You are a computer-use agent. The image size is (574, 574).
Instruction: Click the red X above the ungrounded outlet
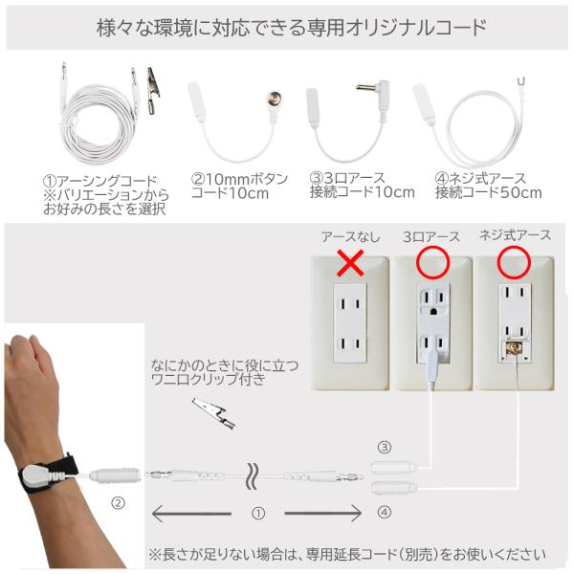[x=350, y=263]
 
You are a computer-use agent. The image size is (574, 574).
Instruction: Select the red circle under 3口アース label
[x=418, y=262]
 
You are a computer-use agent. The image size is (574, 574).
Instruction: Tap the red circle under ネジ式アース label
[x=498, y=262]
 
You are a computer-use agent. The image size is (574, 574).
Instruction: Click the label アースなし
[x=350, y=237]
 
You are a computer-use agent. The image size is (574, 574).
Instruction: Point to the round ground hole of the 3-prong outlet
[x=433, y=312]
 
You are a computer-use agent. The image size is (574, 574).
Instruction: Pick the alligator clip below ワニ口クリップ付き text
[x=213, y=413]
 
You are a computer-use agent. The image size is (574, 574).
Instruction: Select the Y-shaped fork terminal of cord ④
[x=522, y=81]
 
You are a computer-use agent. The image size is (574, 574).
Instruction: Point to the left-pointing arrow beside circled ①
[x=191, y=514]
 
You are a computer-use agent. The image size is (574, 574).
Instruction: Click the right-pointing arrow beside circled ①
[x=323, y=513]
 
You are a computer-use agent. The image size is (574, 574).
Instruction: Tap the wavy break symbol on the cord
[x=252, y=476]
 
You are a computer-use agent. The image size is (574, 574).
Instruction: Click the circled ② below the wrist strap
[x=118, y=504]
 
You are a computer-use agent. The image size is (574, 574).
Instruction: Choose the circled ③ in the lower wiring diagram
[x=385, y=448]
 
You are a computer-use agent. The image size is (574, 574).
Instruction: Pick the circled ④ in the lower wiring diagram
[x=385, y=512]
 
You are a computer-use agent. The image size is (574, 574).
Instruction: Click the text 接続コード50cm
[x=488, y=193]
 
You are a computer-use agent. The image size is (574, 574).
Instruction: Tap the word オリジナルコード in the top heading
[x=416, y=28]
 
